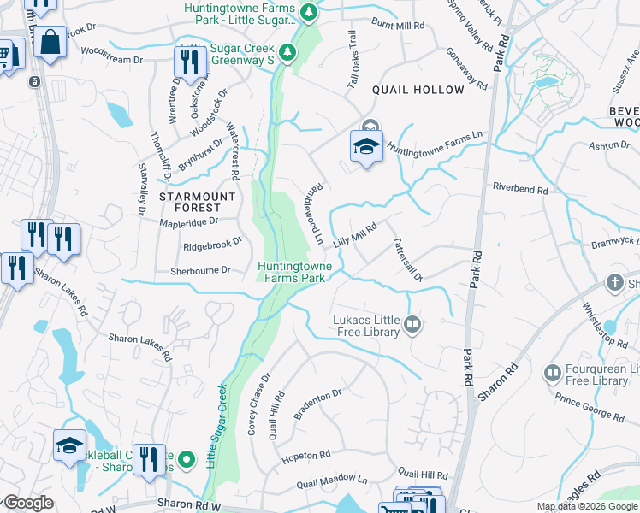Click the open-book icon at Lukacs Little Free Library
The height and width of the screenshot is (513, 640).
(412, 323)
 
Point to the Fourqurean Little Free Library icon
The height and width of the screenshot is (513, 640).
(552, 373)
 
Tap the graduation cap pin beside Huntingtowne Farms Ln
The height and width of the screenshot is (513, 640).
(365, 146)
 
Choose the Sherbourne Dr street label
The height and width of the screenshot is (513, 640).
(201, 269)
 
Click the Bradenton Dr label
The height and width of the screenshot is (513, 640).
(317, 398)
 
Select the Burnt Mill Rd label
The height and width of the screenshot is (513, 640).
(397, 26)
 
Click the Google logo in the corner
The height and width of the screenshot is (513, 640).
(28, 503)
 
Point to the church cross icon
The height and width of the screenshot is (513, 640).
(614, 282)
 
